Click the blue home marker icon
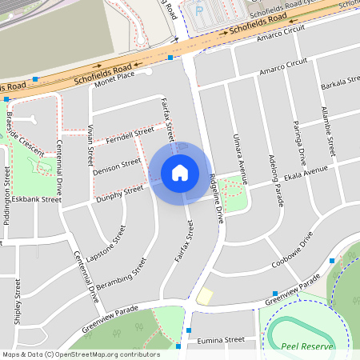[180, 173]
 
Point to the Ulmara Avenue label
[236, 154]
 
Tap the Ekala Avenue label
[305, 174]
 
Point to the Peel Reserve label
[305, 346]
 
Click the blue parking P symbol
[199, 10]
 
